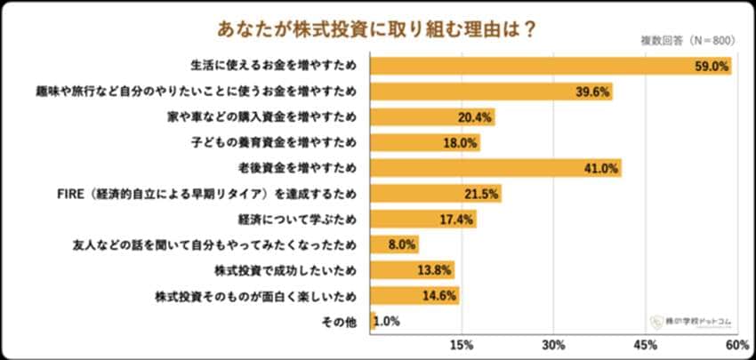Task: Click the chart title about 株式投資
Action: click(377, 28)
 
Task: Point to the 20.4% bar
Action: click(432, 117)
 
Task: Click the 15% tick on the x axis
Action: click(462, 345)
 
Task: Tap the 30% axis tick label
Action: click(554, 345)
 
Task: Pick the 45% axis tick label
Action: click(646, 345)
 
